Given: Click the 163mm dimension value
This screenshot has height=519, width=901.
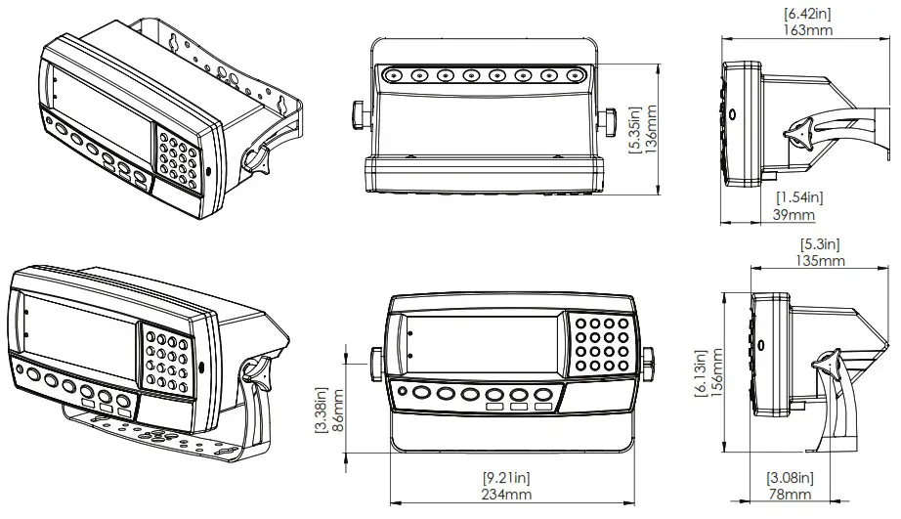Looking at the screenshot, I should pyautogui.click(x=807, y=29).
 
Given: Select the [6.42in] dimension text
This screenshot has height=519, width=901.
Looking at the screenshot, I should pyautogui.click(x=807, y=13).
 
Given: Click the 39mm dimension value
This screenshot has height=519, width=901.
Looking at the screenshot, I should pyautogui.click(x=794, y=214).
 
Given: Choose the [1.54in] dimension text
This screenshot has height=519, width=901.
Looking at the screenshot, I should pyautogui.click(x=794, y=197).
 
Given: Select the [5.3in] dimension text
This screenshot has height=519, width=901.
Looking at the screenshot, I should pyautogui.click(x=819, y=243).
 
